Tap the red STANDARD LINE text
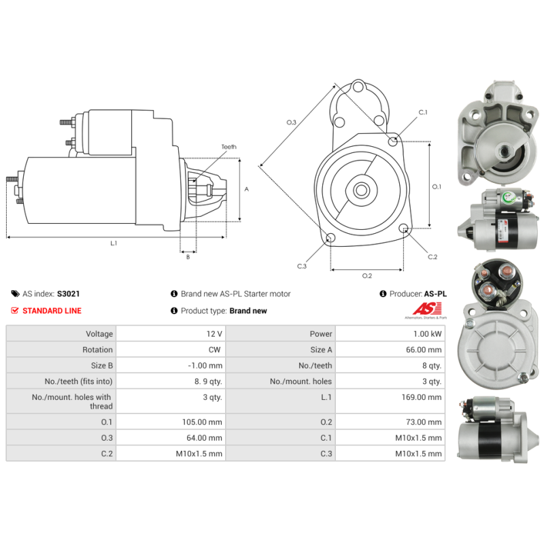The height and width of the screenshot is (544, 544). tap(52, 311)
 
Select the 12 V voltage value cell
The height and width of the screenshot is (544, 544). tap(214, 334)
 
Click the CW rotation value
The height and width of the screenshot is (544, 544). tap(216, 350)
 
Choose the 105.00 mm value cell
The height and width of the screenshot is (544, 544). tap(205, 422)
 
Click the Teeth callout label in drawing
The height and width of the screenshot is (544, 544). tap(228, 147)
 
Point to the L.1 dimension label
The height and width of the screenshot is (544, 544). tap(114, 243)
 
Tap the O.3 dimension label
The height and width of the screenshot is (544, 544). tap(291, 122)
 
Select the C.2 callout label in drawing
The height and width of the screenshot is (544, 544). tap(432, 257)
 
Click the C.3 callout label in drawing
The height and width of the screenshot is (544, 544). tap(302, 266)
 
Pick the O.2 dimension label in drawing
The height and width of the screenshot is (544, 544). tap(367, 275)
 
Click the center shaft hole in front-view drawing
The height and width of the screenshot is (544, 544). tap(362, 190)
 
